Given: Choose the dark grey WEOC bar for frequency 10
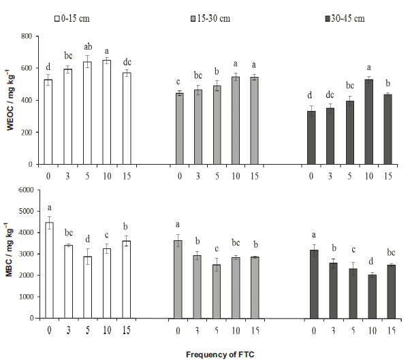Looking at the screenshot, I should point(368,122).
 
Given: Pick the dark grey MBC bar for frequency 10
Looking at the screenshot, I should point(371,296).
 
